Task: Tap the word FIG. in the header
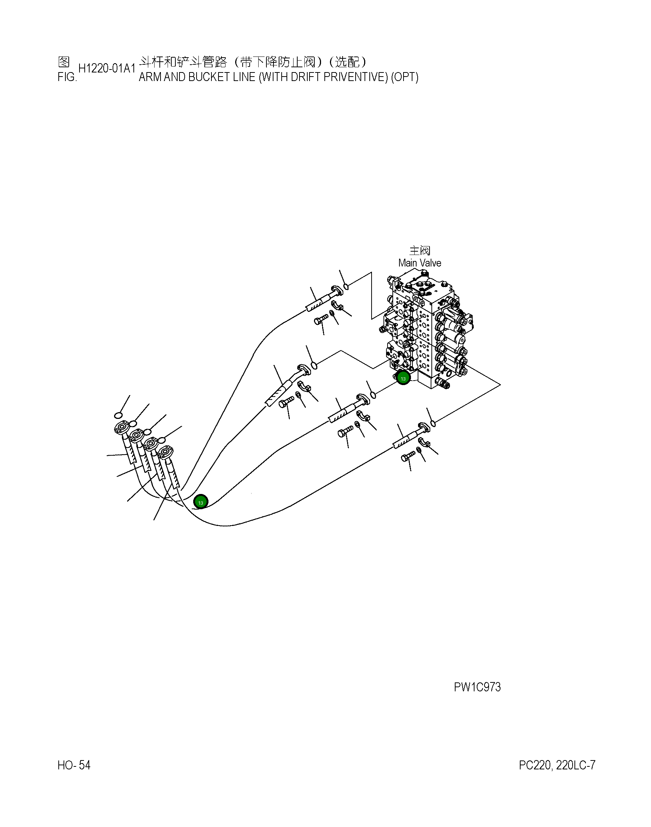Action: tap(67, 77)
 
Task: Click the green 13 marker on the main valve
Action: tap(403, 378)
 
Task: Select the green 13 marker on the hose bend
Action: tap(201, 503)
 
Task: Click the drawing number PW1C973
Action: tap(477, 687)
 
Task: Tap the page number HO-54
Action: tap(74, 765)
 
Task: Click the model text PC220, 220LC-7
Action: tap(557, 765)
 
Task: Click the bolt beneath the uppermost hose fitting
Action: tap(321, 319)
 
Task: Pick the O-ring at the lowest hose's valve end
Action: tap(433, 423)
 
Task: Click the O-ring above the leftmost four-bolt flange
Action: tap(118, 415)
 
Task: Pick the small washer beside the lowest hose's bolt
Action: tap(419, 450)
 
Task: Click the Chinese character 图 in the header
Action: tap(63, 62)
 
